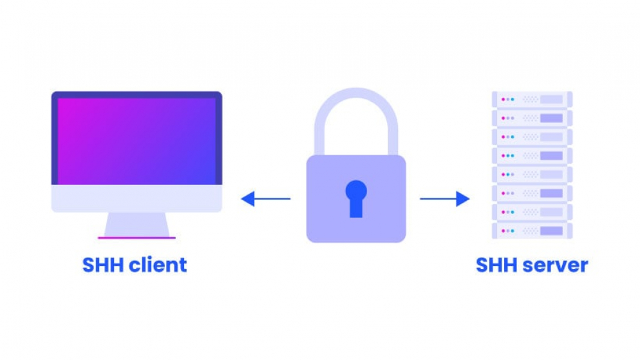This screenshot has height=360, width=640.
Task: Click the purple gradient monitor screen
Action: [136, 141]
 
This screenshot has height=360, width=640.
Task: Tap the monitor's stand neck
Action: [136, 224]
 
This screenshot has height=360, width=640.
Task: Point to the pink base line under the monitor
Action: [136, 238]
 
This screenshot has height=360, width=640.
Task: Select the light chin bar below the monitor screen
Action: [136, 198]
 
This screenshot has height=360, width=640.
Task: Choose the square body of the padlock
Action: [356, 199]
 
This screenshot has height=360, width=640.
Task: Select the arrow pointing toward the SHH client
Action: [266, 199]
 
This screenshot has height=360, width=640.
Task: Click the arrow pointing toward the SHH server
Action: [445, 199]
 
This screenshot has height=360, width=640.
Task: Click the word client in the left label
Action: [158, 265]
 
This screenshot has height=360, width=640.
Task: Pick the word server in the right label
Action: [556, 265]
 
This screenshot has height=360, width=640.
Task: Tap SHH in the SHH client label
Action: [104, 265]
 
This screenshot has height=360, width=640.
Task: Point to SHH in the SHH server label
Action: [497, 265]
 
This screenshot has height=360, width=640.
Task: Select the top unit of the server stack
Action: [532, 99]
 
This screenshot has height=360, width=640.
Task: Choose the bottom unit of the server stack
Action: [532, 231]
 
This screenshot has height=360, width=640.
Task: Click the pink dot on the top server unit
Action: [504, 99]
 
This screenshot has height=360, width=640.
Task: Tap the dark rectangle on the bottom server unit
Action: [551, 231]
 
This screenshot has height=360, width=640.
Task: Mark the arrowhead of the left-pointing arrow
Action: [248, 199]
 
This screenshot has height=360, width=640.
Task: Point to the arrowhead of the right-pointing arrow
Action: [463, 199]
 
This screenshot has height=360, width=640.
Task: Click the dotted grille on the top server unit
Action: [531, 99]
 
